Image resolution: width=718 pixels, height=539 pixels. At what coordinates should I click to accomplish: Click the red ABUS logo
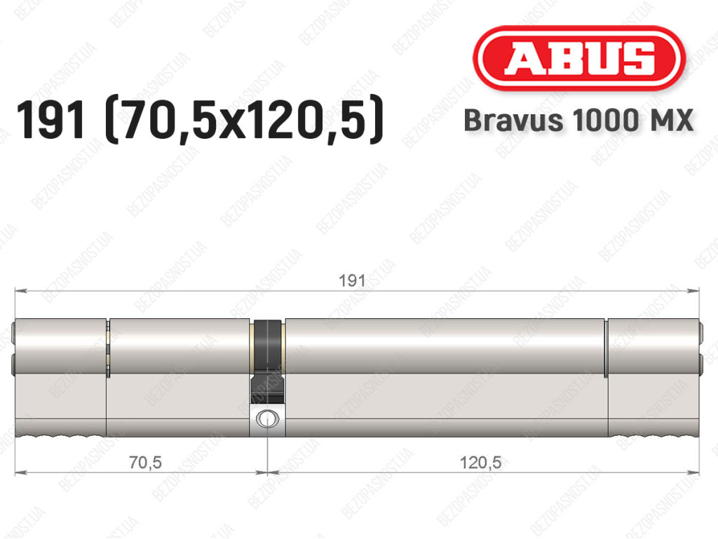point(578,58)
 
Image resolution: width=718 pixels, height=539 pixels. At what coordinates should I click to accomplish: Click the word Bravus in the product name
point(513,121)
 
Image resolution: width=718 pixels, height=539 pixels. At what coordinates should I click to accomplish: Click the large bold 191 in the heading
point(50,120)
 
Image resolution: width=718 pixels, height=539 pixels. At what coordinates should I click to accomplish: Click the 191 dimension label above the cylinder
point(352,280)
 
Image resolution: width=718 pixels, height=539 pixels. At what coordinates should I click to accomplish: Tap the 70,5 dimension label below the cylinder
point(145,463)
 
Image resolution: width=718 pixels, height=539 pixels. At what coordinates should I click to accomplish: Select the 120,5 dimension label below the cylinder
point(480,463)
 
